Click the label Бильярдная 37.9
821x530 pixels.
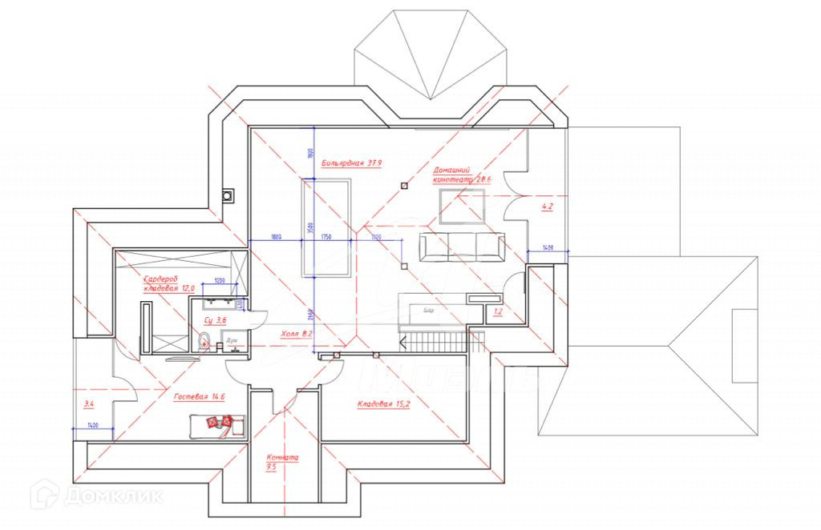click(x=352, y=163)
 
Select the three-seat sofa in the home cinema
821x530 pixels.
click(x=462, y=246)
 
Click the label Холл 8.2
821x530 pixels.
click(x=297, y=332)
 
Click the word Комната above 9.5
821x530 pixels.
click(x=281, y=459)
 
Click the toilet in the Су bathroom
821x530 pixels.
click(x=204, y=343)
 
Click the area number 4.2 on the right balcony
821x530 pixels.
click(x=548, y=207)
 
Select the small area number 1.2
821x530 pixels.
click(x=498, y=311)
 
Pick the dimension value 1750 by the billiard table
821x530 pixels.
click(x=326, y=237)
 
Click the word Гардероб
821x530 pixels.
click(x=160, y=279)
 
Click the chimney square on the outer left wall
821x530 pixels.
click(x=230, y=194)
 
